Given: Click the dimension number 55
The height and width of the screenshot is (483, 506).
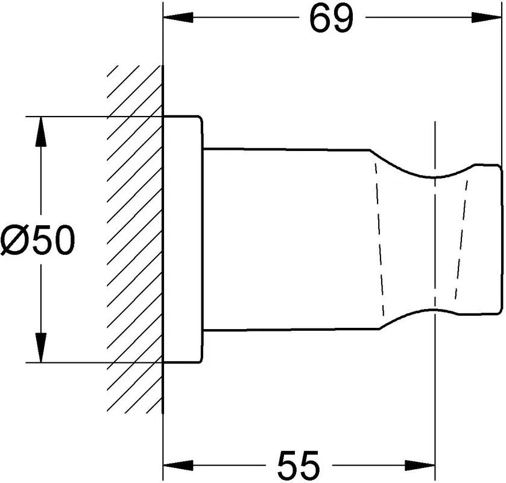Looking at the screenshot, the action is click(x=299, y=465).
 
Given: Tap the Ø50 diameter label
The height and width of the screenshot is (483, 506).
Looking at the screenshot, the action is click(x=38, y=240).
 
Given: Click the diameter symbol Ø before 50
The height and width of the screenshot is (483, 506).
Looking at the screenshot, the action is click(x=15, y=240).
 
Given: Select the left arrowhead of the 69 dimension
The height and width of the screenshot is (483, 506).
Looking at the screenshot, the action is click(x=178, y=18).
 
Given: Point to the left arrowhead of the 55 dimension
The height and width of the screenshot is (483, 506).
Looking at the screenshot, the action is click(x=178, y=465).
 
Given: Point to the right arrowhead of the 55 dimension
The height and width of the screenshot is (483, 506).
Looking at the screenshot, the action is click(x=420, y=465).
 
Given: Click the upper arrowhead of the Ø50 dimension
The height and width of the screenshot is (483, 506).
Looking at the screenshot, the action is click(x=40, y=131).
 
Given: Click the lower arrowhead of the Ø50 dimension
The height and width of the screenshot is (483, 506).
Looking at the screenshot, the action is click(x=40, y=348).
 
